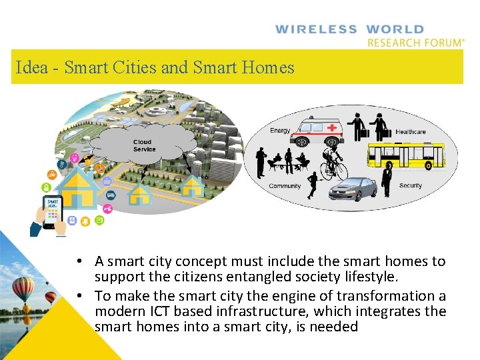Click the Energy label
point(280,131)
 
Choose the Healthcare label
point(411,132)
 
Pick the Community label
point(285,186)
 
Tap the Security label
point(411,185)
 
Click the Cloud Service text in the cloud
point(143,145)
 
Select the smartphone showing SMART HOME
point(53,211)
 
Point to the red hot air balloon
point(49,297)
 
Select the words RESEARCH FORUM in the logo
point(413,43)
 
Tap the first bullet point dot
point(79,261)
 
